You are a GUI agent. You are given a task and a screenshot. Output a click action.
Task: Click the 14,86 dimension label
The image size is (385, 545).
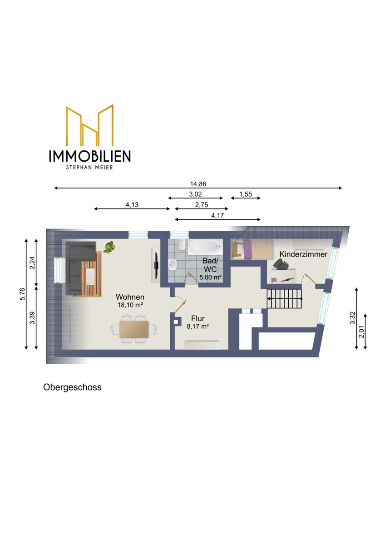point(198,184)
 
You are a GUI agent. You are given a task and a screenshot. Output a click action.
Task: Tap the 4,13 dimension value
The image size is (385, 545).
point(132,205)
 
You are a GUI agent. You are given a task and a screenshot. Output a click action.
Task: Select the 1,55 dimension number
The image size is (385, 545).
point(246,194)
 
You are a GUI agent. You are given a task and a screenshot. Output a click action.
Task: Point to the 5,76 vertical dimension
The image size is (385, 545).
point(22,294)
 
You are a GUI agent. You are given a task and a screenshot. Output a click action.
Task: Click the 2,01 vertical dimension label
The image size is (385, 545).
point(362,332)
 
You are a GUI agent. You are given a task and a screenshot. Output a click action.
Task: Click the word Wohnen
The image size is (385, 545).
point(130,297)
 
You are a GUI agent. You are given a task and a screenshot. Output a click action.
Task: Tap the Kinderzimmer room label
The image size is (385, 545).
point(303,254)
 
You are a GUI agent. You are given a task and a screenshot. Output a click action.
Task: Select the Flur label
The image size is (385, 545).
point(198,318)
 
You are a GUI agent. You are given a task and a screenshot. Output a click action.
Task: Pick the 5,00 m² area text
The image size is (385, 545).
point(210,277)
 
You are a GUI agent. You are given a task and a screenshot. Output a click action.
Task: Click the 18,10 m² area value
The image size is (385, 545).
point(130,305)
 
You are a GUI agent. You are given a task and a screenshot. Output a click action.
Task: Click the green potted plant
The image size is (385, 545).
point(109,247)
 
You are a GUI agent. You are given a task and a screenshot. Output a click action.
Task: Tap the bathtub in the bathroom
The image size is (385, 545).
point(205,246)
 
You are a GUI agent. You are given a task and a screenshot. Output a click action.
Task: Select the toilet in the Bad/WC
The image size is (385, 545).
point(181,244)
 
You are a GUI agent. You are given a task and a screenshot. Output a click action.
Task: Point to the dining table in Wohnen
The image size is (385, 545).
point(134,329)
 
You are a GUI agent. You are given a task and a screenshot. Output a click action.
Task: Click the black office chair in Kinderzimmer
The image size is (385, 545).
point(281,264)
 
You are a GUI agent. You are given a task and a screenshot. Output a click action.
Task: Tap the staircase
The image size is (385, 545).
point(285,298)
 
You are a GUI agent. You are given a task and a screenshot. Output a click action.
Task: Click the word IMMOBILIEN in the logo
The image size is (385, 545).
point(90,156)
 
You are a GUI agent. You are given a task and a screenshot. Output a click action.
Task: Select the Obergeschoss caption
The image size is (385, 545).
point(72,387)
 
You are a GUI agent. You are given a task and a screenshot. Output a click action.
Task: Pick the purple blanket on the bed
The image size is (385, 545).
point(247,249)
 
